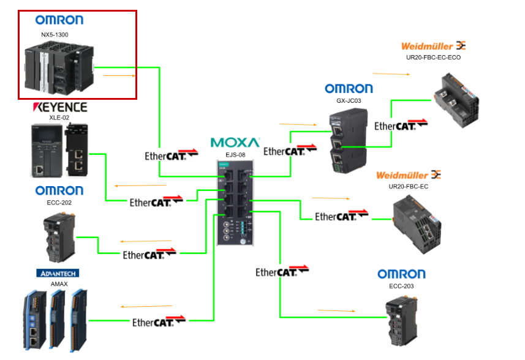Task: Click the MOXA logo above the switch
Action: (235, 143)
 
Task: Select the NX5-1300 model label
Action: (55, 35)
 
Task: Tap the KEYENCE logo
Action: (59, 108)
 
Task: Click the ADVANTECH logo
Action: (58, 273)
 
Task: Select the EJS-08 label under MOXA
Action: (235, 155)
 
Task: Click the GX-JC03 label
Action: (348, 100)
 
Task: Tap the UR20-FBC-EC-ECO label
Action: (433, 58)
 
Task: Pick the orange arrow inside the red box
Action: (119, 76)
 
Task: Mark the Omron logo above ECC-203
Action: (401, 274)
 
